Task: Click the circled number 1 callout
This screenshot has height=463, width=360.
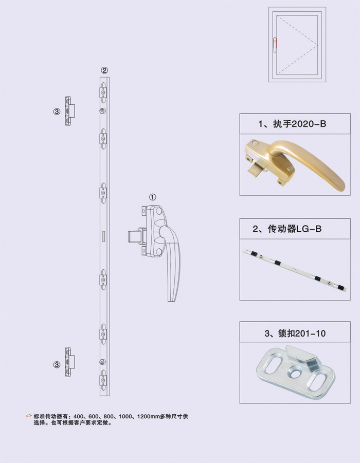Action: [153, 197]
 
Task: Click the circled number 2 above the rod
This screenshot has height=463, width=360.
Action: [104, 70]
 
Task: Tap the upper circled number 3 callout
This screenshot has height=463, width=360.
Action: [57, 112]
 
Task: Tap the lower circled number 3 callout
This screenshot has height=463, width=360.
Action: [57, 365]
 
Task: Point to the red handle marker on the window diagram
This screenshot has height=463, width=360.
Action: [275, 45]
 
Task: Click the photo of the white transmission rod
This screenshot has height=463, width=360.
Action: [295, 270]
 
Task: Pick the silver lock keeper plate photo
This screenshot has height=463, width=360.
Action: [296, 373]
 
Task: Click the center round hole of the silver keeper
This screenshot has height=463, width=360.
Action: [295, 373]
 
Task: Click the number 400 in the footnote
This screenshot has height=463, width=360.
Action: [78, 417]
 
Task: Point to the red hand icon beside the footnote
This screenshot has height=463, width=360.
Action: [29, 416]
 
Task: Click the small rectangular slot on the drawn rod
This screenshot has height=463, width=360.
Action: [103, 236]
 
